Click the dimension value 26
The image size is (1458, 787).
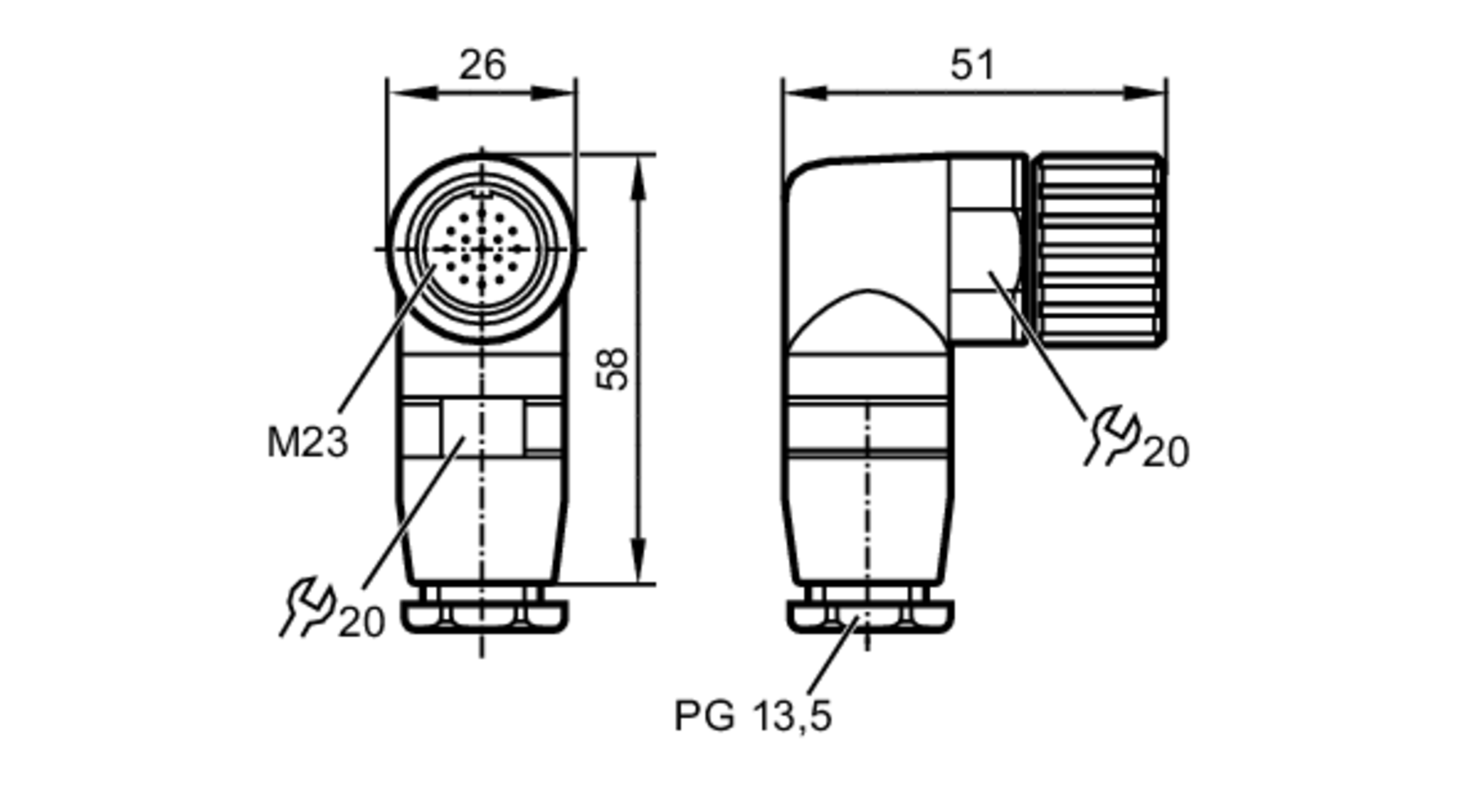coord(482,66)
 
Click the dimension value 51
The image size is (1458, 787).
coord(972,66)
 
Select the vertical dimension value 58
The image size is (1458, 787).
coord(613,369)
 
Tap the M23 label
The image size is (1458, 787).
coord(307,442)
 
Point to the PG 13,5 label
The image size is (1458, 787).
coord(752,716)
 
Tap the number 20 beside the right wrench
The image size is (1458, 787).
coord(1166,452)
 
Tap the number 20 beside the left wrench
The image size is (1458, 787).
coord(361,623)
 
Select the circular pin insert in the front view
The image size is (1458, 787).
coord(481,249)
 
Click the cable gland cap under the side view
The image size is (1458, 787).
coord(870,616)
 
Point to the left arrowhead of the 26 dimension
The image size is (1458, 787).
coord(412,93)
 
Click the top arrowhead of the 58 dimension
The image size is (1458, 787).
coord(638,179)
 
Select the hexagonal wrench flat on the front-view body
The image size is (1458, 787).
coord(481,428)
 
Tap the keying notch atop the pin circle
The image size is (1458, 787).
coord(481,194)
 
